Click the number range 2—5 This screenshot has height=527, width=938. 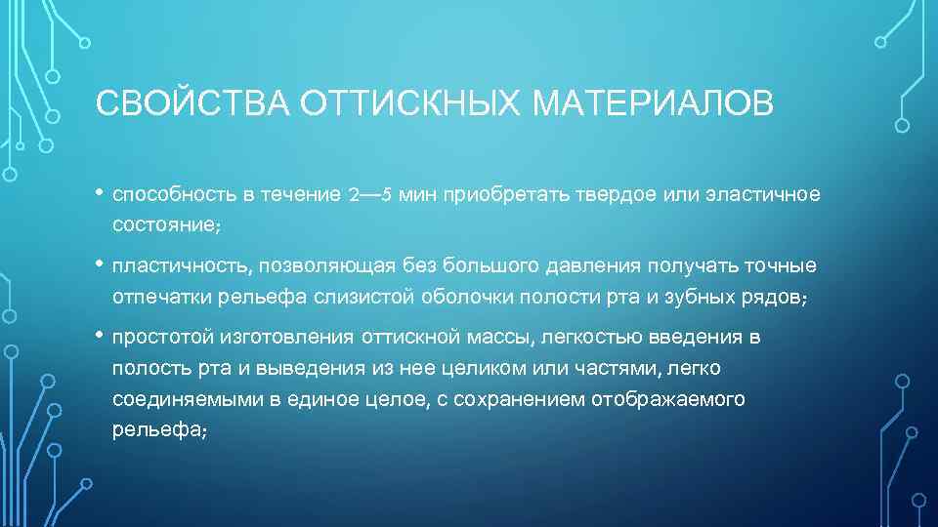tap(369, 194)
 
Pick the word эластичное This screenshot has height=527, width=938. tap(765, 194)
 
